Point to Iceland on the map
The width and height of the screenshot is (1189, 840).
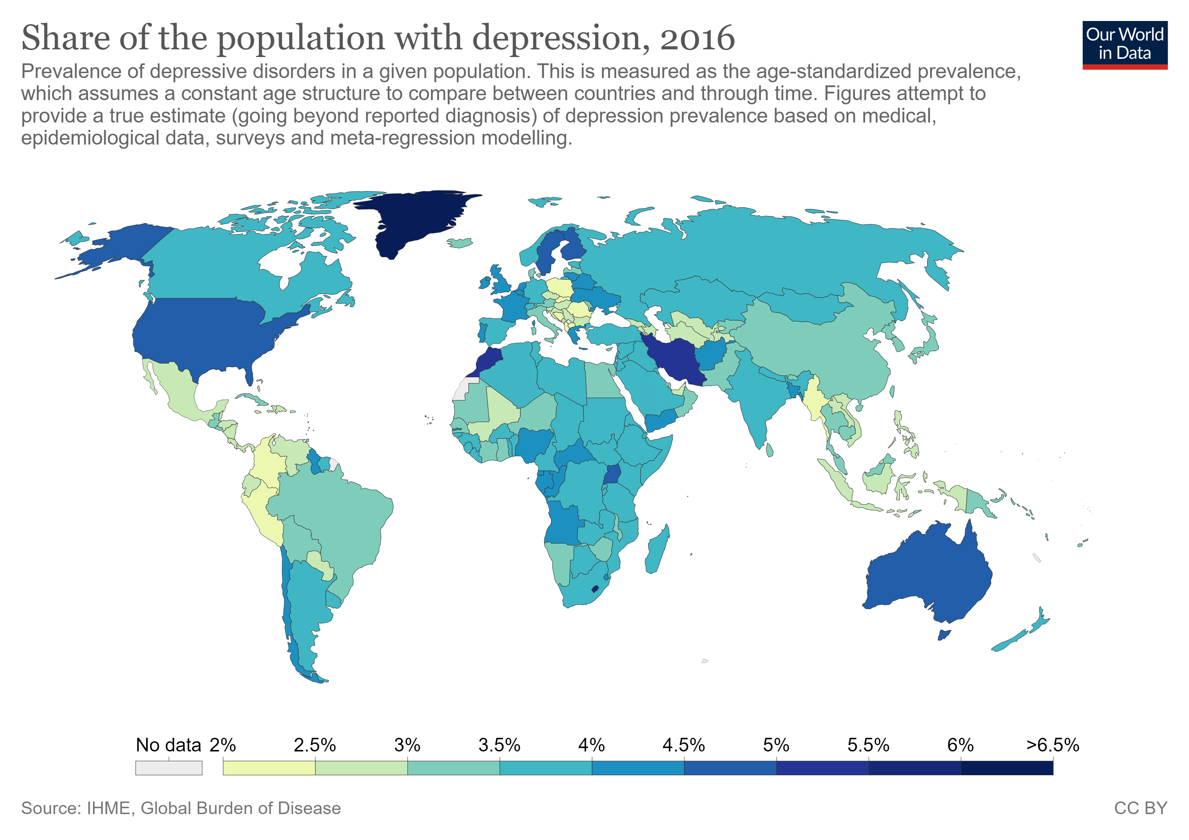[x=460, y=243]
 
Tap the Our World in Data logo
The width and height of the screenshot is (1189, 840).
[x=1124, y=44]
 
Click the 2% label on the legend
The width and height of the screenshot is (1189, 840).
[x=223, y=745]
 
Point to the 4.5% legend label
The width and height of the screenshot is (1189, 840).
[x=684, y=745]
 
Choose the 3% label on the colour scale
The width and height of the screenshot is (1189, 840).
[x=407, y=745]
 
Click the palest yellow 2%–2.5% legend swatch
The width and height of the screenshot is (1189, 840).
[x=269, y=768]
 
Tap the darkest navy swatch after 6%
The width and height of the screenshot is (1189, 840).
[x=1007, y=768]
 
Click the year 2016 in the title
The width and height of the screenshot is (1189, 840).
[x=697, y=38]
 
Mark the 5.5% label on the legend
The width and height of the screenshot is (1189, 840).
[x=868, y=745]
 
